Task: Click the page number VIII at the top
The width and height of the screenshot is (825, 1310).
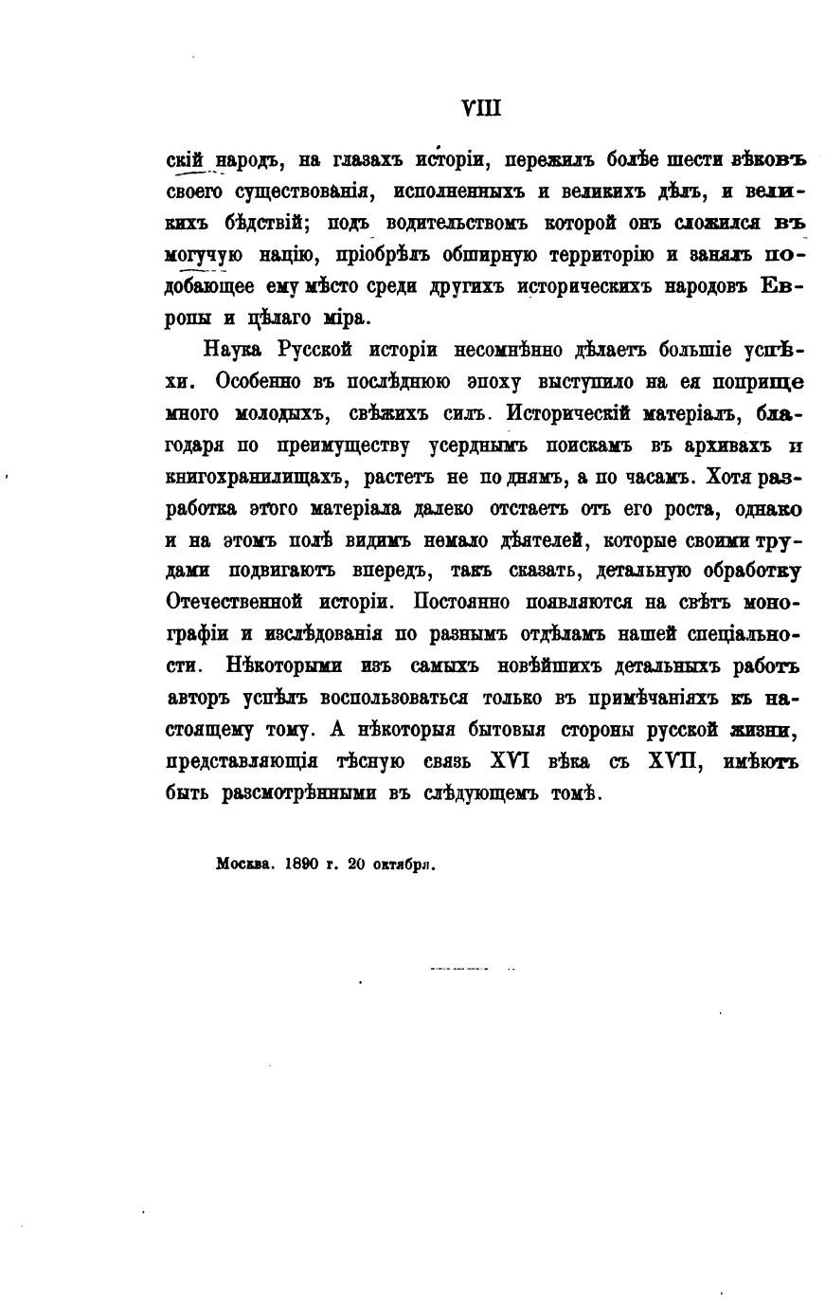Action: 480,108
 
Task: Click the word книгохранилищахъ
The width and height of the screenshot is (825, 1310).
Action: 253,476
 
